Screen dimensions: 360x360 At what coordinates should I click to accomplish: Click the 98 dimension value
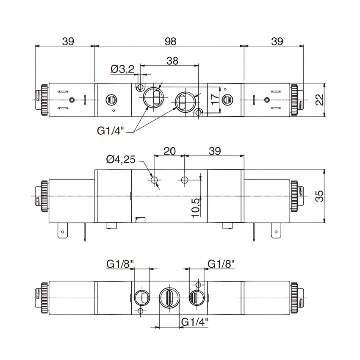[x=170, y=41]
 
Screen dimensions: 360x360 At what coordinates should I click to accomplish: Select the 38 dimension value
[x=172, y=61]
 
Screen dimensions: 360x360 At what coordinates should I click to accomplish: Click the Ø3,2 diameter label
[x=122, y=69]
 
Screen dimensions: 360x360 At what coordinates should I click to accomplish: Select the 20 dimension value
[x=170, y=151]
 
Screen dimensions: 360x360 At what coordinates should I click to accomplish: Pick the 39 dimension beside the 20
[x=215, y=151]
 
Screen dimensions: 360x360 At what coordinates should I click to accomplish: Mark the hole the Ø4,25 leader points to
[x=155, y=181]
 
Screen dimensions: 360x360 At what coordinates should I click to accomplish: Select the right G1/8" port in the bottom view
[x=195, y=298]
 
